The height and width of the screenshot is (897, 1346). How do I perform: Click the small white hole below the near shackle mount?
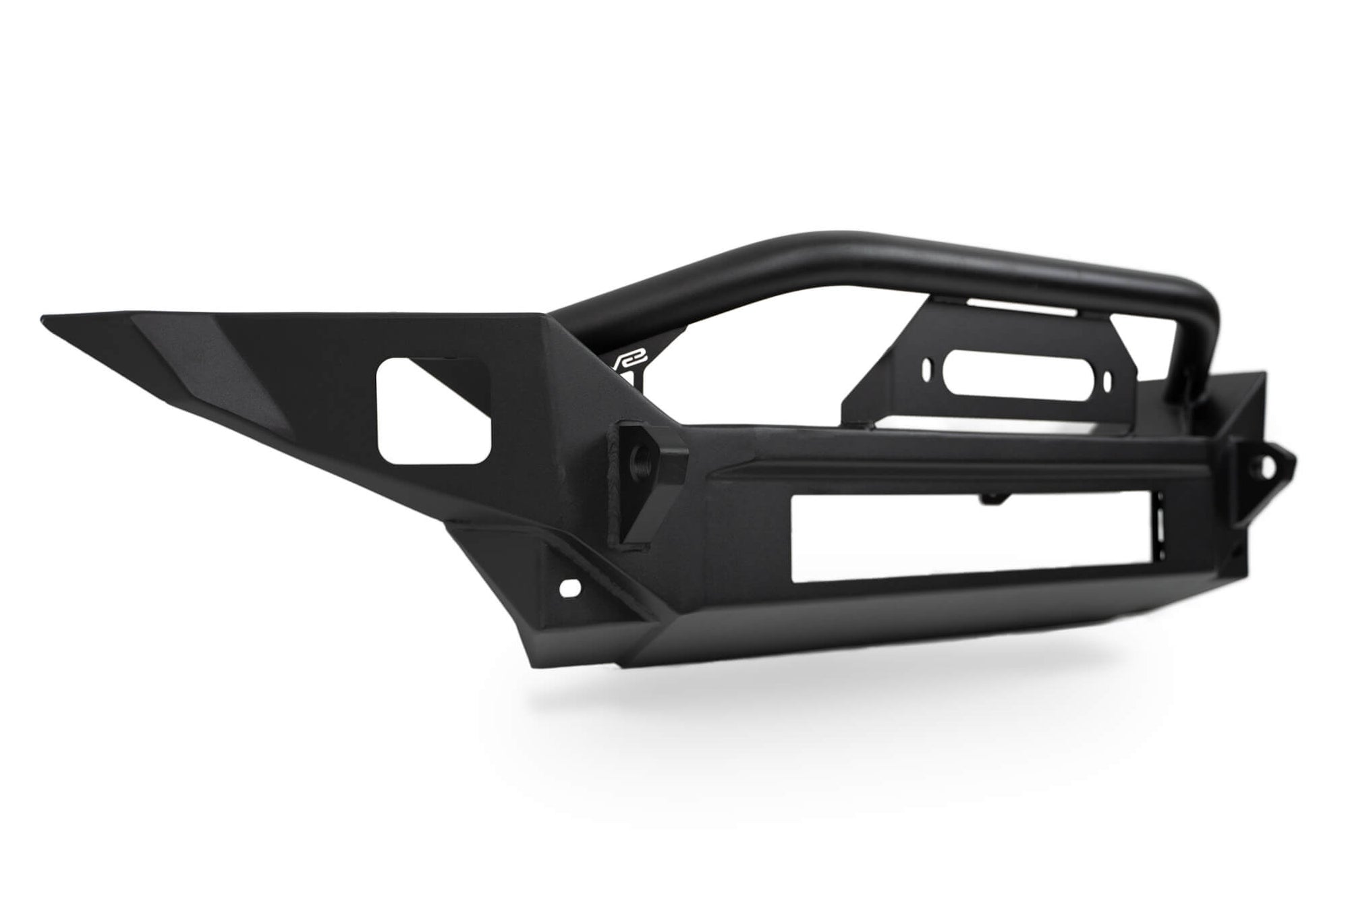point(570,587)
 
